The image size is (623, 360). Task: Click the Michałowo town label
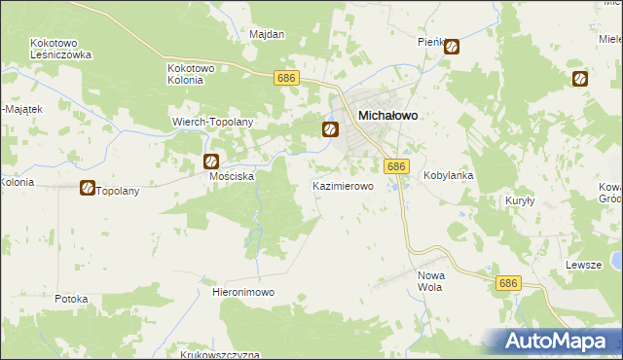pyautogui.click(x=388, y=115)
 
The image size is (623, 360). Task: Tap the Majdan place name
pyautogui.click(x=267, y=34)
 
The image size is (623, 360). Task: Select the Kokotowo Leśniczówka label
pyautogui.click(x=60, y=50)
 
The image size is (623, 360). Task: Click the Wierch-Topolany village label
pyautogui.click(x=212, y=122)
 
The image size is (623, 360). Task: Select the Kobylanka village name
pyautogui.click(x=448, y=176)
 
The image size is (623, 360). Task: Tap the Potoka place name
pyautogui.click(x=72, y=299)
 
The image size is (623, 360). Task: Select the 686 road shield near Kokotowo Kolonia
pyautogui.click(x=285, y=78)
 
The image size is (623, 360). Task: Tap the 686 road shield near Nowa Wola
pyautogui.click(x=507, y=283)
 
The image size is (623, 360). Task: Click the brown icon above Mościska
pyautogui.click(x=210, y=162)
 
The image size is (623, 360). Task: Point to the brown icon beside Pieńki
pyautogui.click(x=452, y=46)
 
